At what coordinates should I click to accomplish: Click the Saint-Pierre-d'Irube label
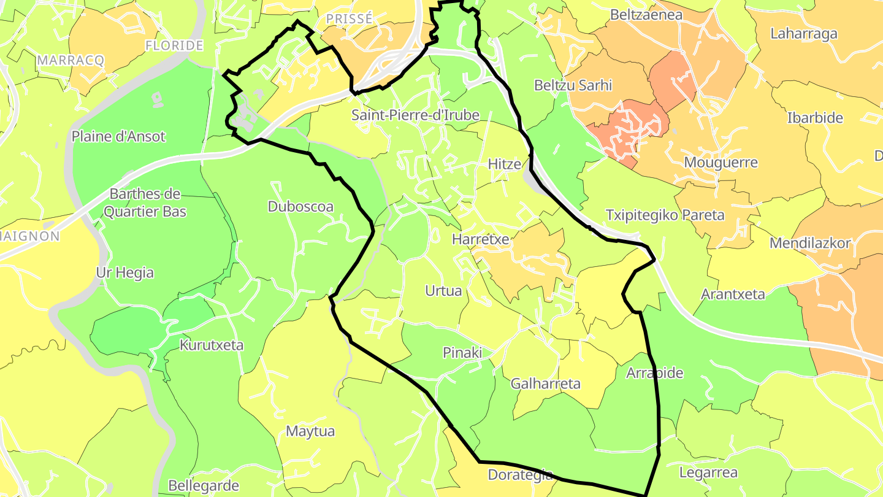click(x=415, y=115)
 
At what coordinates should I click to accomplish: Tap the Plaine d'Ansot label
click(x=118, y=136)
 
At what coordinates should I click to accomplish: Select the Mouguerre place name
click(x=721, y=163)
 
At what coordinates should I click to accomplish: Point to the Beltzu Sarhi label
click(x=573, y=85)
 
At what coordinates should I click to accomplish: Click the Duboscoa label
click(x=300, y=207)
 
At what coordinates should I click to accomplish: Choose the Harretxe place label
click(x=480, y=239)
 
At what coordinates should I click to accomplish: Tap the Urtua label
click(x=443, y=291)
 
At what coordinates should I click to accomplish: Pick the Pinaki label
click(x=462, y=353)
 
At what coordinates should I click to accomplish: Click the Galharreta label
click(x=545, y=384)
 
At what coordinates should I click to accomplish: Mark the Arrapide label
click(x=654, y=373)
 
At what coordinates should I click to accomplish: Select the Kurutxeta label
click(x=211, y=345)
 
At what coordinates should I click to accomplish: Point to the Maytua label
click(x=310, y=431)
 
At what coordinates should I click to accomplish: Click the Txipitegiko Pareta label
click(x=665, y=215)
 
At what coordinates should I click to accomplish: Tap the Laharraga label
click(x=803, y=34)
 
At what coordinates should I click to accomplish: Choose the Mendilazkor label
click(x=810, y=243)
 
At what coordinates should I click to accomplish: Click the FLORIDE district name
click(x=174, y=45)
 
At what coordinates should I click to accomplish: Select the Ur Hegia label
click(x=124, y=273)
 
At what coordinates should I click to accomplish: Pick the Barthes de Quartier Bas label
click(x=145, y=203)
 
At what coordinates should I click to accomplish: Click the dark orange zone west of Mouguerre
click(x=632, y=132)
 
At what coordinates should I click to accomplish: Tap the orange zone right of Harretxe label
click(x=533, y=258)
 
